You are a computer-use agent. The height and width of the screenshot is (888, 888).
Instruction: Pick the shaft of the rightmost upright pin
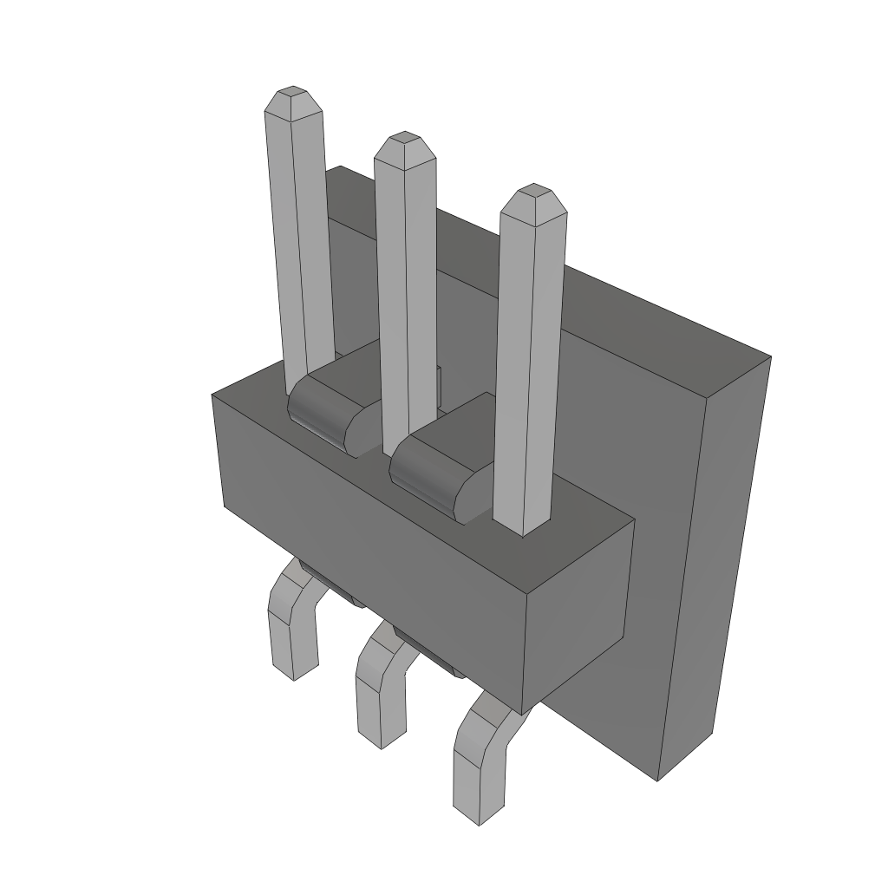[x=529, y=364]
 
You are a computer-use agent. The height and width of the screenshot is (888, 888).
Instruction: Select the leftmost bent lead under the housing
[x=291, y=624]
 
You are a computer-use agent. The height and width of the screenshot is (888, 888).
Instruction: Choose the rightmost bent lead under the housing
[x=477, y=754]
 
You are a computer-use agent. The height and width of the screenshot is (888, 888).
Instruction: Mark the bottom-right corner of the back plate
[x=659, y=779]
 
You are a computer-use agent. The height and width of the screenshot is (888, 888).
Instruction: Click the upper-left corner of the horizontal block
[x=213, y=395]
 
